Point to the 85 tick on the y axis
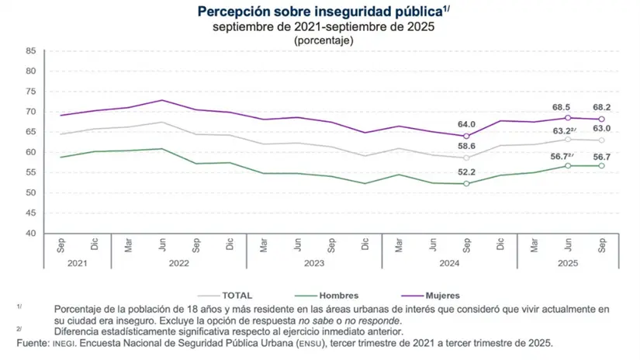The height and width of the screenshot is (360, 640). [x=30, y=51]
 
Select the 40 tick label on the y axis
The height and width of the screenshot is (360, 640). [x=30, y=234]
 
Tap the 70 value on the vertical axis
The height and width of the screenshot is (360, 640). [x=30, y=112]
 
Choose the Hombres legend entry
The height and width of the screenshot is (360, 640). [x=338, y=295]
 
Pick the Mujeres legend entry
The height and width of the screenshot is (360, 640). [x=442, y=295]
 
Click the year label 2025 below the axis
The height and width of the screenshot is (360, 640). [x=568, y=264]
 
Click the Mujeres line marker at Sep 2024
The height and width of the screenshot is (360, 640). [x=466, y=136]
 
